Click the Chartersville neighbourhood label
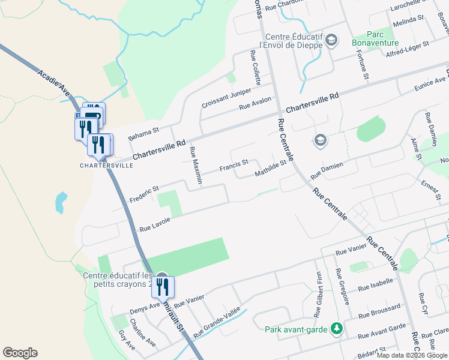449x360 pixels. pos(107,165)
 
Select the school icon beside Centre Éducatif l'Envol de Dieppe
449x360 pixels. pos(332,41)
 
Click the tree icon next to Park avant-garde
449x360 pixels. pos(337,329)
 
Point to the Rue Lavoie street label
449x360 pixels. pos(155,224)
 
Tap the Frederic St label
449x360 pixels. pos(143,193)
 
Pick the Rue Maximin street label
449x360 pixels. pos(196,165)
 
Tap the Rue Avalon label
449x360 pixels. pos(256,103)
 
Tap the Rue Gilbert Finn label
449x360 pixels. pos(318,294)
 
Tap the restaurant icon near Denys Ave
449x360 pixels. pos(163,288)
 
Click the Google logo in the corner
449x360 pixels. pos(20,352)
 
